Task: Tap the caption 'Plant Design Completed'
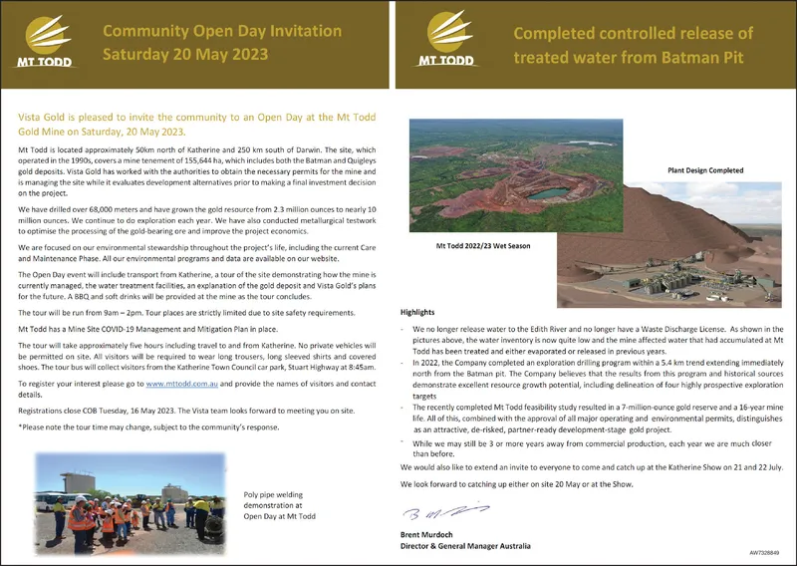point(706,170)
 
